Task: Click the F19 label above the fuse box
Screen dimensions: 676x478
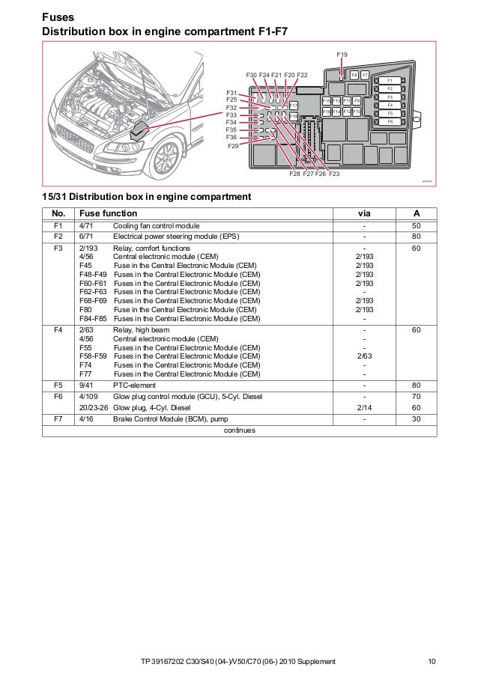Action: click(342, 55)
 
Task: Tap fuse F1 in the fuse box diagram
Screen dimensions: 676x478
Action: click(390, 80)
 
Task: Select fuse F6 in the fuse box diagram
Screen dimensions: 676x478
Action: click(390, 121)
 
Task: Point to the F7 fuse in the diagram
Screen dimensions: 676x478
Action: click(365, 76)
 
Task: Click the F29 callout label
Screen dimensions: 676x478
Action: click(233, 147)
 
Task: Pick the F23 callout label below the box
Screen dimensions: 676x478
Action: click(333, 174)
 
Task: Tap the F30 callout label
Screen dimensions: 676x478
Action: click(252, 75)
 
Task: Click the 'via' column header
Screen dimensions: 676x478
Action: click(364, 213)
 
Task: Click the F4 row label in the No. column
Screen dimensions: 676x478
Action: click(58, 329)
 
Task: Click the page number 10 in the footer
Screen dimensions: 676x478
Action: click(431, 661)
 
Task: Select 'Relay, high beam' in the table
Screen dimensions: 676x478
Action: click(141, 329)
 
